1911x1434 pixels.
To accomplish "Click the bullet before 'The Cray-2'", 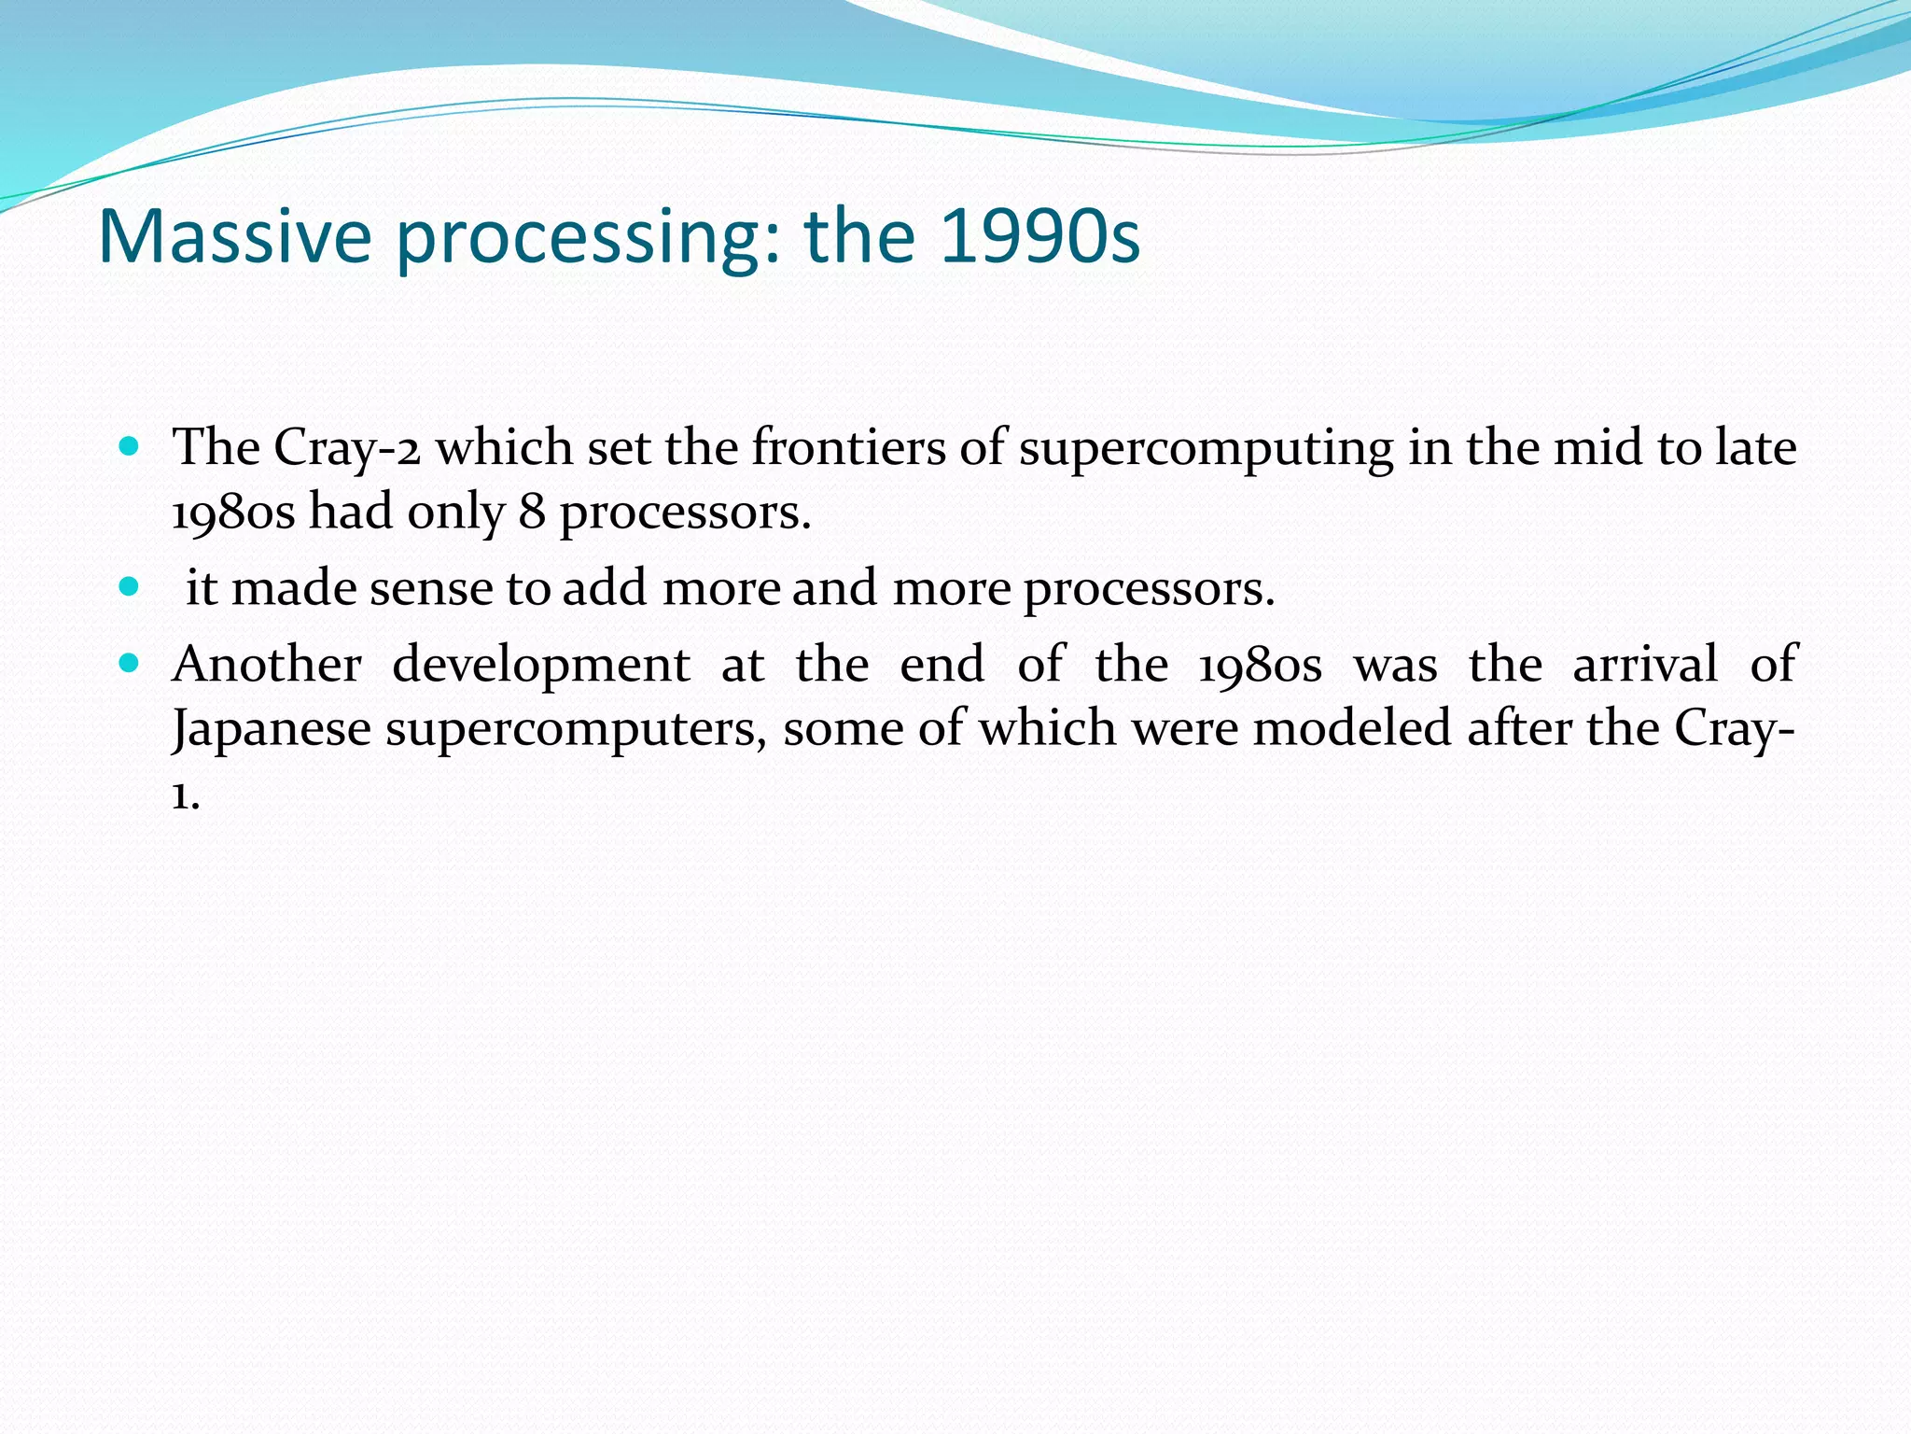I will tap(130, 446).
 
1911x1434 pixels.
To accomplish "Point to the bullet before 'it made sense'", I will tap(130, 587).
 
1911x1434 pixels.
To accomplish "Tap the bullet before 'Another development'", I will tap(130, 664).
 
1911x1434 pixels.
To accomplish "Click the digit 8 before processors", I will tap(532, 512).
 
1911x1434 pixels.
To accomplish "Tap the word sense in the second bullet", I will tap(430, 589).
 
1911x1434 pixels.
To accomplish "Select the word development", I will tap(541, 667).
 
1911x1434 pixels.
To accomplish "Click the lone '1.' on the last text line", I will tap(185, 795).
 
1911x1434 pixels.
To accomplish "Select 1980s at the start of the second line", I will tap(233, 512).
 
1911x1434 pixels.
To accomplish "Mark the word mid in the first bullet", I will tap(1597, 447).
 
